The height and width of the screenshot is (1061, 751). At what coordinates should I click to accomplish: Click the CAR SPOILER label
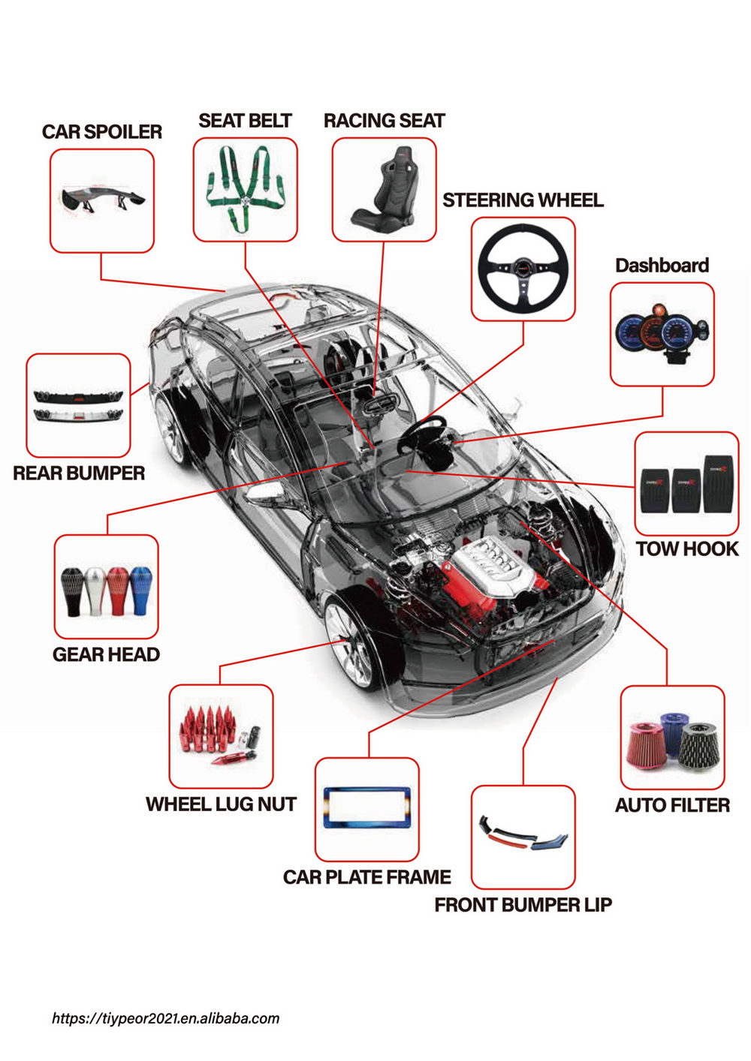[102, 132]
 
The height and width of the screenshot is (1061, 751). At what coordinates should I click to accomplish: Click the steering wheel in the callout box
[523, 269]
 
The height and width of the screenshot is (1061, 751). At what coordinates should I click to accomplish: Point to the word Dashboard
[662, 266]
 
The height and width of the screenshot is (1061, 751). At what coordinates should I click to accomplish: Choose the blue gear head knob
[141, 589]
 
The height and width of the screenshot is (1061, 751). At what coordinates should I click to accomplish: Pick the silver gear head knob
[95, 591]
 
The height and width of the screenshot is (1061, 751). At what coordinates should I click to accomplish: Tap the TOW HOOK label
[687, 549]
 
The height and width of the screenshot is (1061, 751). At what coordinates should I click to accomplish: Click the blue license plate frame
[366, 807]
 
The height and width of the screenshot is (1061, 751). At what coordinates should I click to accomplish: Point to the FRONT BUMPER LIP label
[523, 905]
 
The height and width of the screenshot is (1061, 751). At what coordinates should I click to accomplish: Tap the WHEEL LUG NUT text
[221, 804]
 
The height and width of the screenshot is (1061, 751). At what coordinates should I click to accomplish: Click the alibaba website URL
[165, 1018]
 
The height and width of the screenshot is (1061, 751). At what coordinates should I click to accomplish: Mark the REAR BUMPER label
[79, 473]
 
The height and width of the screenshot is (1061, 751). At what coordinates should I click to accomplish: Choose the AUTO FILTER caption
[672, 806]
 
